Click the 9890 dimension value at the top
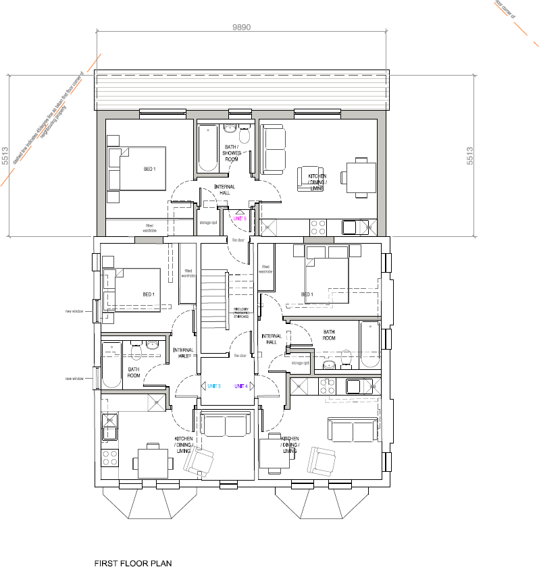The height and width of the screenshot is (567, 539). [x=241, y=28]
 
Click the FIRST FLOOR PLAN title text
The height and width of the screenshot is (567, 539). [x=132, y=562]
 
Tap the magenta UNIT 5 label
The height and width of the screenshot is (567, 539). [x=240, y=219]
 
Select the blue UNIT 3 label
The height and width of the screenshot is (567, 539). [x=214, y=386]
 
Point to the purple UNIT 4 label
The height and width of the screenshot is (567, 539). [x=241, y=386]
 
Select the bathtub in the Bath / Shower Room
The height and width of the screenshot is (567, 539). [x=205, y=147]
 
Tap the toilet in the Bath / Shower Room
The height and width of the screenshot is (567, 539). [x=244, y=137]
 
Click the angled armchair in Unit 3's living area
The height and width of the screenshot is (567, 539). [x=201, y=462]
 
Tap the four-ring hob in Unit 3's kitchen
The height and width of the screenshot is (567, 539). [x=109, y=458]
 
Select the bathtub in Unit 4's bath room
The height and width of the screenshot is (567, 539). [x=370, y=344]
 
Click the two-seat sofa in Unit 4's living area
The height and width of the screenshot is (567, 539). [x=353, y=430]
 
